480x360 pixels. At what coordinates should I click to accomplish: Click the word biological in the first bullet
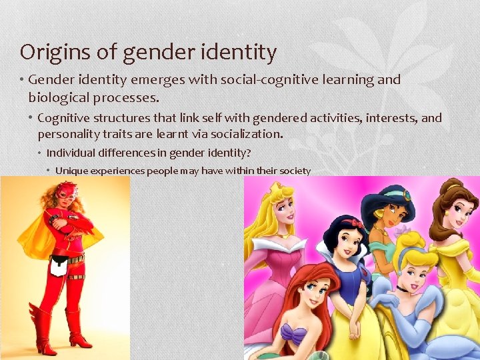(x=60, y=97)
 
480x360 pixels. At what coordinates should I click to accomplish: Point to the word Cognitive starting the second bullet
(x=66, y=118)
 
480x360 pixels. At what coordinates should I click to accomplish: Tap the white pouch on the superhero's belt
(x=58, y=265)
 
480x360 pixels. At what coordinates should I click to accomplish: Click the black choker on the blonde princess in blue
(x=401, y=288)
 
